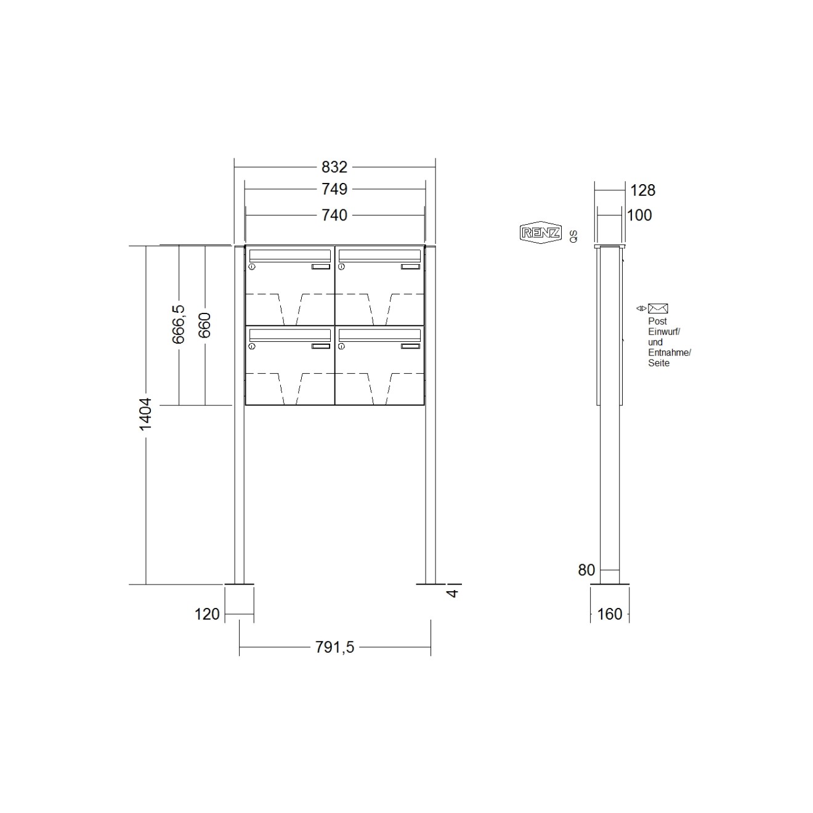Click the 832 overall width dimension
[334, 167]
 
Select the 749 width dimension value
[334, 189]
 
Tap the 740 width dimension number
[334, 215]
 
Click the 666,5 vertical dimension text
[178, 325]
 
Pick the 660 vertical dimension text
[204, 325]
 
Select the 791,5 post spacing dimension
[334, 647]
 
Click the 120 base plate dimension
[207, 614]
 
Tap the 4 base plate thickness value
[453, 593]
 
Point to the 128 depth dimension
[642, 190]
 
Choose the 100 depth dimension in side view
[639, 215]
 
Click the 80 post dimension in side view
[586, 570]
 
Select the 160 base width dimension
[610, 614]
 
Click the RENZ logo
[540, 232]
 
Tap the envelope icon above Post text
[658, 309]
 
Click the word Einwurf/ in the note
[663, 331]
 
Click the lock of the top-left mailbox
[252, 267]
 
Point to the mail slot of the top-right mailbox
[379, 255]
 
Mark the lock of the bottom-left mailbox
[252, 347]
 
